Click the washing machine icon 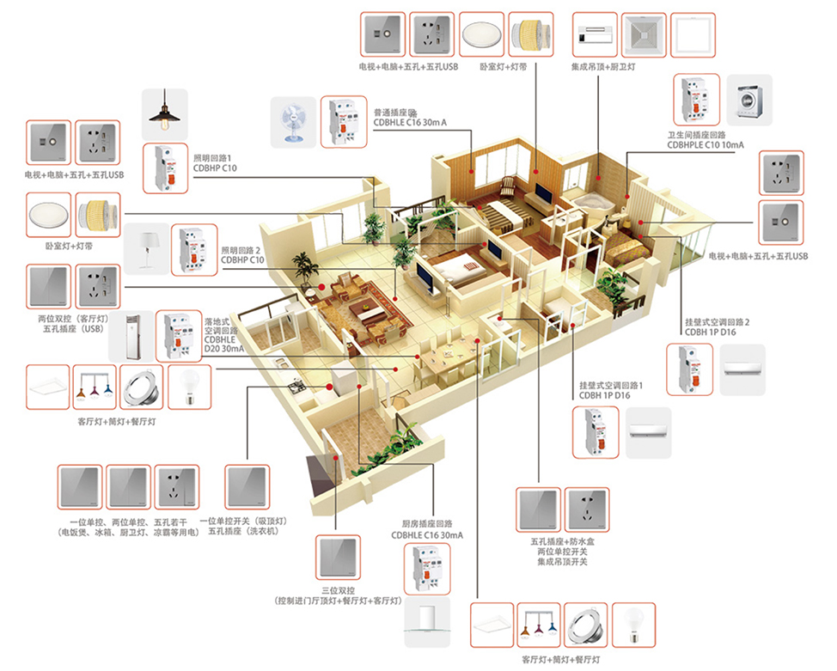click(748, 100)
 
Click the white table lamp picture click(147, 247)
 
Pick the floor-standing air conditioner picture click(131, 336)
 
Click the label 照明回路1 click(214, 159)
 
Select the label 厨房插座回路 click(427, 523)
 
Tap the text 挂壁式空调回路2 click(717, 322)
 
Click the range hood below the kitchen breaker click(427, 624)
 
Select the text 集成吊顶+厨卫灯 click(604, 66)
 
